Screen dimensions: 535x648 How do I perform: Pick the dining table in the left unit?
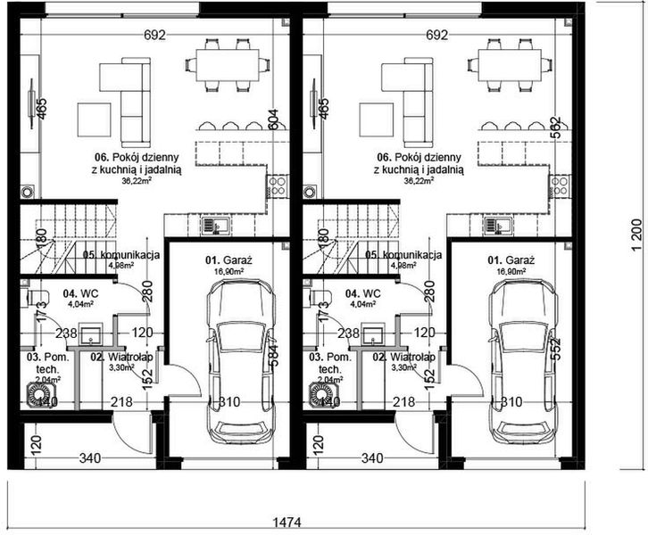227,63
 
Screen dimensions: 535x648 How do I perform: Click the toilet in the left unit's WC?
35,297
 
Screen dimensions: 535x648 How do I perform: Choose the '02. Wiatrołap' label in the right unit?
403,357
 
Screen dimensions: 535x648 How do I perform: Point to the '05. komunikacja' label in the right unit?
403,255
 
